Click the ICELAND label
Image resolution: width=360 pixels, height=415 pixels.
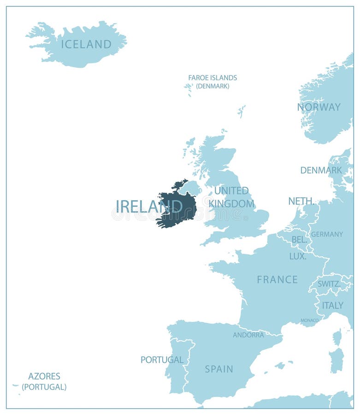(x=86, y=44)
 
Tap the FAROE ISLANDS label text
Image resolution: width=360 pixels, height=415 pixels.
(x=212, y=78)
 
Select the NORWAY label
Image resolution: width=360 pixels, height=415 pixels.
(x=319, y=107)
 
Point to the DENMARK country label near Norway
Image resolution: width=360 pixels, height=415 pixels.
(x=321, y=170)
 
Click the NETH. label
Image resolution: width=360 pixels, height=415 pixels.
(x=301, y=201)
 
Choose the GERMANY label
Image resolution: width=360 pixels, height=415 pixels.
(x=327, y=234)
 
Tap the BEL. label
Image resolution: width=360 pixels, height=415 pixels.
(x=299, y=240)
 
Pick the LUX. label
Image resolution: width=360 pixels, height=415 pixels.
(x=298, y=256)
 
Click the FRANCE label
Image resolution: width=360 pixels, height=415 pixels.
(x=277, y=279)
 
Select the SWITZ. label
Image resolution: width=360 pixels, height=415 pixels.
(x=329, y=284)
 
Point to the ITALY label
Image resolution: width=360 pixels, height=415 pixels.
(x=332, y=305)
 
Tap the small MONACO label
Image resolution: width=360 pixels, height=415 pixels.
(x=309, y=320)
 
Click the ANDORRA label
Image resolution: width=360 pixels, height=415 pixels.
(x=248, y=335)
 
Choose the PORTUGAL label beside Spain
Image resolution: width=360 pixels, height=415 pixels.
(x=162, y=360)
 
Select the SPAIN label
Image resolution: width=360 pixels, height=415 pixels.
(x=219, y=369)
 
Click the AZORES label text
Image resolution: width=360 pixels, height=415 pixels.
(x=44, y=376)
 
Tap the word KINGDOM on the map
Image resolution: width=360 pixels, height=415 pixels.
(x=231, y=203)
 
